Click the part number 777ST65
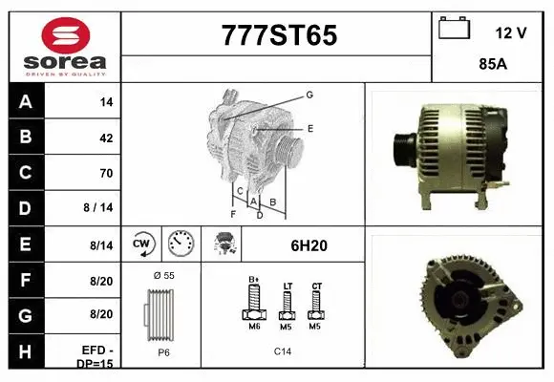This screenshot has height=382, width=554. click(279, 35)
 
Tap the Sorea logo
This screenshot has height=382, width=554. click(65, 46)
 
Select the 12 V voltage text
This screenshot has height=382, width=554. click(511, 32)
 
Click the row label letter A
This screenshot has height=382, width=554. click(25, 101)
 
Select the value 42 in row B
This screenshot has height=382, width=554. click(106, 138)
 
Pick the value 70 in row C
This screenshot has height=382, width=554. click(106, 173)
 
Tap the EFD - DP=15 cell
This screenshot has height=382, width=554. click(97, 356)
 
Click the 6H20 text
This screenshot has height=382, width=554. click(309, 245)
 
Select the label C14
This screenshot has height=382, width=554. click(283, 351)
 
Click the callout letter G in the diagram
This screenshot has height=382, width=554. click(309, 95)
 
